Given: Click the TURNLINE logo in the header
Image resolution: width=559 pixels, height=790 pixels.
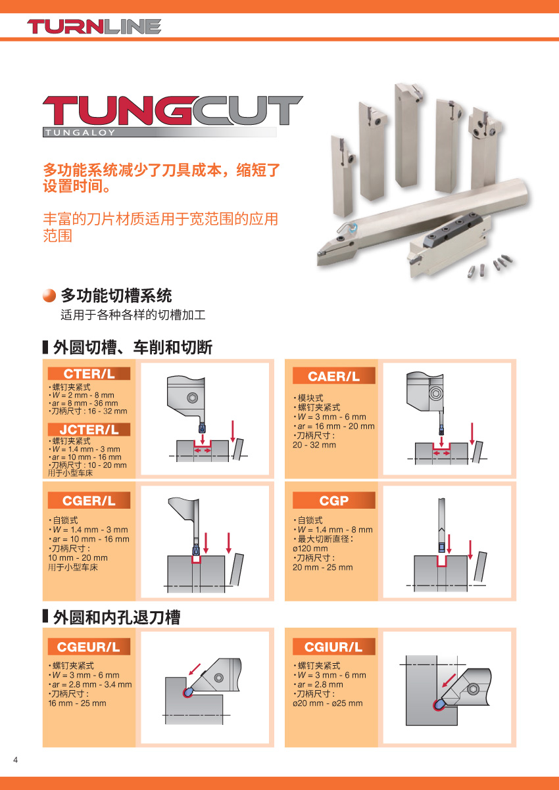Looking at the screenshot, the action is tap(94, 26).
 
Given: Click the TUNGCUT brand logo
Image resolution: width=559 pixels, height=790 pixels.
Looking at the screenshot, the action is tap(172, 116).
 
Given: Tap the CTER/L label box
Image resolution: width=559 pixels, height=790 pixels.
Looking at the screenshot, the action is tap(89, 373).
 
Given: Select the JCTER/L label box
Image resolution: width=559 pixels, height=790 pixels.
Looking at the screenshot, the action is tap(89, 430).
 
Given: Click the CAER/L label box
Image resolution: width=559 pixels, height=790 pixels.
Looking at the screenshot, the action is tap(334, 377).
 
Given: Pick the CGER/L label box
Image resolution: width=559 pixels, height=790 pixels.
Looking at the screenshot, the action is tap(89, 500).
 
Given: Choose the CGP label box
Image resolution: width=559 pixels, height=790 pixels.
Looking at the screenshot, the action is tap(334, 500).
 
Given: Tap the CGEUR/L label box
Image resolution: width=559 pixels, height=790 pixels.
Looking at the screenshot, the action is tap(89, 647).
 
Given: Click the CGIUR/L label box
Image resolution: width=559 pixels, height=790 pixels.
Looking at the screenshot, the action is tap(334, 647).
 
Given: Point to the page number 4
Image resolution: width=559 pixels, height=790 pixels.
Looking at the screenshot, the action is tap(15, 760).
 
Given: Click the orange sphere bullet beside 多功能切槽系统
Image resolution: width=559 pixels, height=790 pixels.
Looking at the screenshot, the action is tap(49, 296).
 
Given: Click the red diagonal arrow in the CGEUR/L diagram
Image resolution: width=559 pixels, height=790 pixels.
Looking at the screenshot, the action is tap(195, 669).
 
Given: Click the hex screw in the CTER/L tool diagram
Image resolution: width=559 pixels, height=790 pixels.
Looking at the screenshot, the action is tap(192, 398).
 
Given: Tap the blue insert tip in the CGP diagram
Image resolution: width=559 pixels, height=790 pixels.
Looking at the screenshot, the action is tap(441, 547).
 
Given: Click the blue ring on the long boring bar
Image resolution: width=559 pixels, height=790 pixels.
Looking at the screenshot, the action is tap(353, 229).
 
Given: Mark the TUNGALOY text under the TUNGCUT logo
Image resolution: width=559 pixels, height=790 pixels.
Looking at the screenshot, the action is tap(80, 133).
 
